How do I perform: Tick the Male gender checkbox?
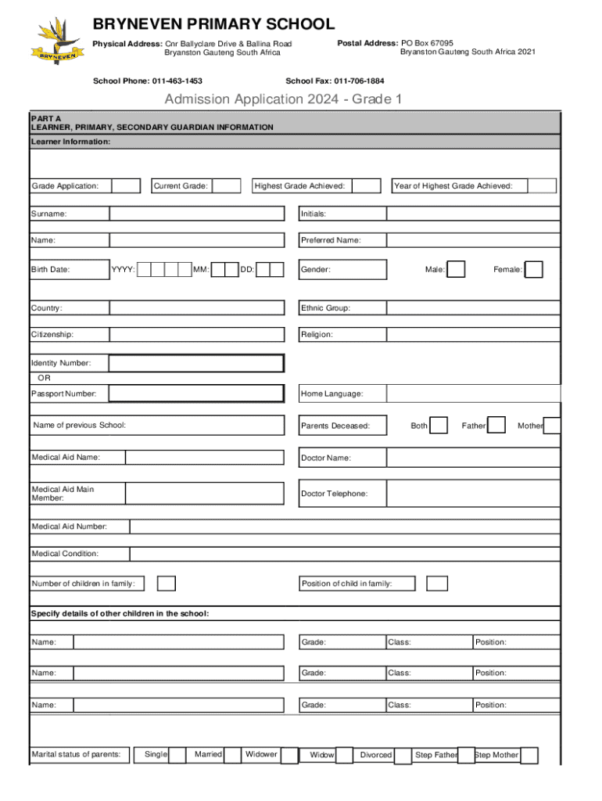457,270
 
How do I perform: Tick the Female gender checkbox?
534,270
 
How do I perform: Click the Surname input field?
197,214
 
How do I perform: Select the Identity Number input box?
196,364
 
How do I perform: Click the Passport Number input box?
196,393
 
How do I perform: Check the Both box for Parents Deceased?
439,426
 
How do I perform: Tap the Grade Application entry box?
126,186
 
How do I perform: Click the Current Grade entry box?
227,186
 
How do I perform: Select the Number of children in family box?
167,584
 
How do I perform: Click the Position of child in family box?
438,584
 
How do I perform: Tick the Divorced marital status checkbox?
403,756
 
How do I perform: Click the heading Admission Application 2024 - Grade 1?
282,99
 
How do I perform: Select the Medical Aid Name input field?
205,458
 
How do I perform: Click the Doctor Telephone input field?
473,494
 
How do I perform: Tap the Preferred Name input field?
473,241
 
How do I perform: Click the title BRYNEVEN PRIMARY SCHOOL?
213,25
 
